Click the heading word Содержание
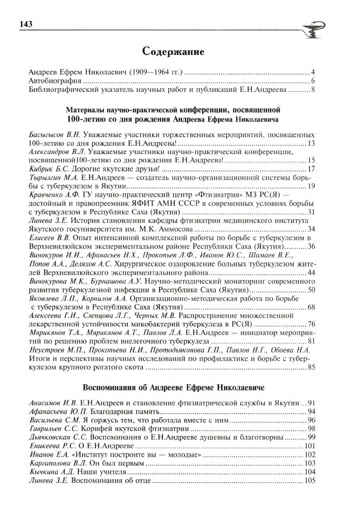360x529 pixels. (x=173, y=51)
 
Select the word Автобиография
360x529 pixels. (x=53, y=81)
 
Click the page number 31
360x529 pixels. (x=311, y=212)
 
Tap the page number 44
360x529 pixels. (x=311, y=273)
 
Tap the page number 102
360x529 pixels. (x=309, y=455)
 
